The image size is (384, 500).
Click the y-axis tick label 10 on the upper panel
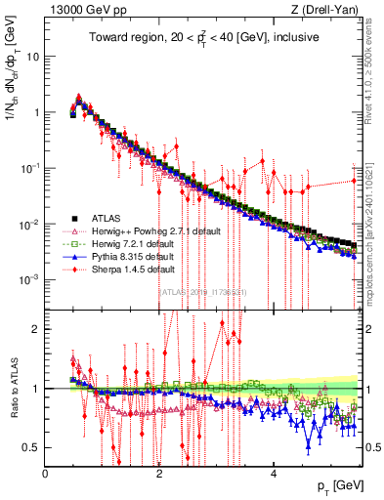(x=32, y=56)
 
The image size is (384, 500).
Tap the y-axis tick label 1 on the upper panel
(x=35, y=112)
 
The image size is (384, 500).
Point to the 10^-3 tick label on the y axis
(x=29, y=280)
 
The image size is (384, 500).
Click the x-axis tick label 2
(x=158, y=473)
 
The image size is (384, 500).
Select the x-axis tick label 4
(x=273, y=473)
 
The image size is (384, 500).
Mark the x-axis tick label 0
(x=45, y=473)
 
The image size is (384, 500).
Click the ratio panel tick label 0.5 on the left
(x=31, y=448)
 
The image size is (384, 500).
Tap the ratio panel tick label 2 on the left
(x=35, y=329)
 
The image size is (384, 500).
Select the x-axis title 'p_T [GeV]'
(x=333, y=486)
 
